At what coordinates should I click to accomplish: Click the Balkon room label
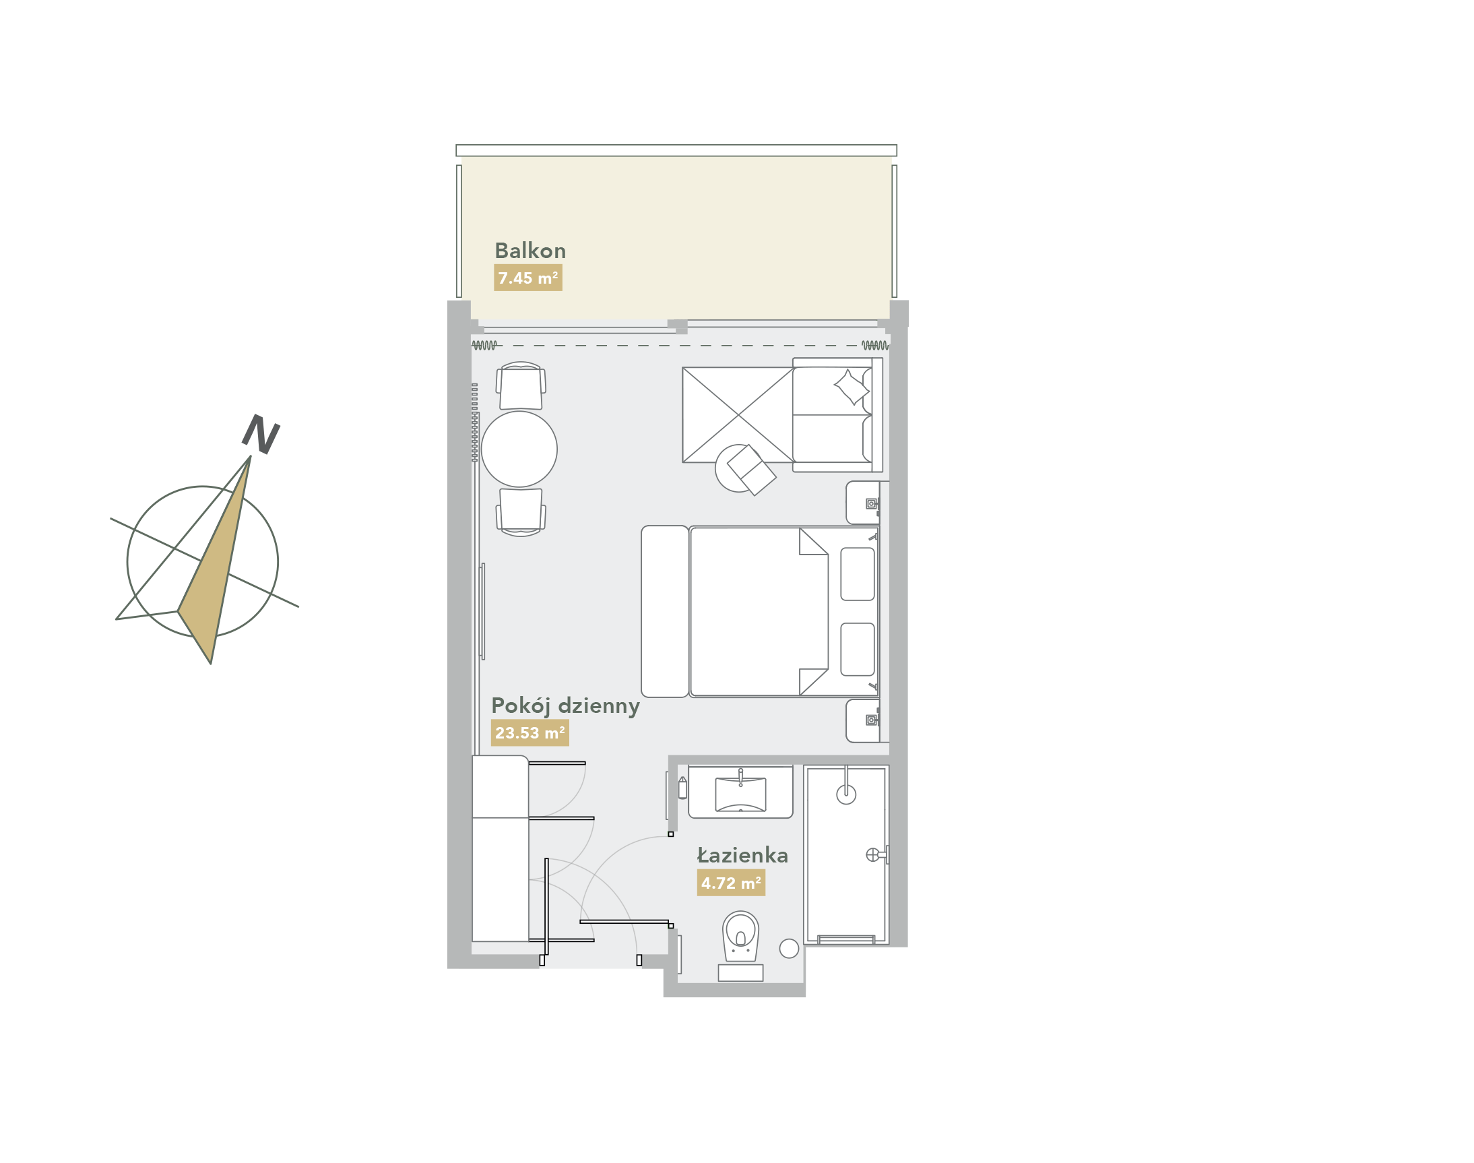(x=530, y=251)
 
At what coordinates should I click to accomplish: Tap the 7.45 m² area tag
(x=527, y=278)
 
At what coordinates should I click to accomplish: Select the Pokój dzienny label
(x=565, y=706)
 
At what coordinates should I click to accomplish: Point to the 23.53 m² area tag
(x=530, y=732)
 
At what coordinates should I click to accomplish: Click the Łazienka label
(x=742, y=854)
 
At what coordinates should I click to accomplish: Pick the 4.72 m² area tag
(x=730, y=883)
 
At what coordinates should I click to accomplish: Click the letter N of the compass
(x=261, y=434)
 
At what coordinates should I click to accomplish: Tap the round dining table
(x=519, y=449)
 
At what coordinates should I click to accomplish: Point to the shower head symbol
(x=845, y=794)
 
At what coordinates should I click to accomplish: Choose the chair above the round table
(x=521, y=385)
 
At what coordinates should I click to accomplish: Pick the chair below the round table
(x=521, y=512)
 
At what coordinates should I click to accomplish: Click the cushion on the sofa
(x=852, y=387)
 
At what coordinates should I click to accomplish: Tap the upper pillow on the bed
(x=857, y=574)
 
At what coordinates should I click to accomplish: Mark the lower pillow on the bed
(x=857, y=649)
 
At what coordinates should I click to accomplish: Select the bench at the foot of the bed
(x=664, y=611)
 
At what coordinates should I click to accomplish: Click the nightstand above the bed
(x=863, y=503)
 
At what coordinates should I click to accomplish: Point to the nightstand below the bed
(x=863, y=720)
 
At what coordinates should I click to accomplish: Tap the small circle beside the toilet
(x=788, y=949)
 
